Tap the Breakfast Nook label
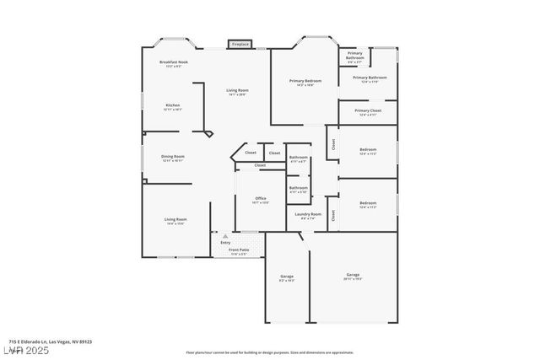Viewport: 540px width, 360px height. (x=174, y=62)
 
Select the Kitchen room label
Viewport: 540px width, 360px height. (x=173, y=105)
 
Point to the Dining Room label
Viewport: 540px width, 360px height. (x=173, y=156)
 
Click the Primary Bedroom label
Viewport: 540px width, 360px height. (x=306, y=81)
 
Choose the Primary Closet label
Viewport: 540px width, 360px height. (x=368, y=110)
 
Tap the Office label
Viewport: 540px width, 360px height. (x=261, y=198)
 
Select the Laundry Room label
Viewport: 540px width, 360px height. (x=308, y=214)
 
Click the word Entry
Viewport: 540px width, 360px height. (x=224, y=243)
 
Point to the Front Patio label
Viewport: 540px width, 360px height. (x=239, y=250)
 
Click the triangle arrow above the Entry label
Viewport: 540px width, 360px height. (x=224, y=237)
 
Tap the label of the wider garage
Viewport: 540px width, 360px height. (x=353, y=275)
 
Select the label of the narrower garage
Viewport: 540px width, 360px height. (x=287, y=276)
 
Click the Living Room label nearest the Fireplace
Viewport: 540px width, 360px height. (x=237, y=90)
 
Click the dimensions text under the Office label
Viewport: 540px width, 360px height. (x=261, y=202)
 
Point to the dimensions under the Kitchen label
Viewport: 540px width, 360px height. (x=173, y=110)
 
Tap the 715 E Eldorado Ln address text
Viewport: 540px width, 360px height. (x=51, y=341)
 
